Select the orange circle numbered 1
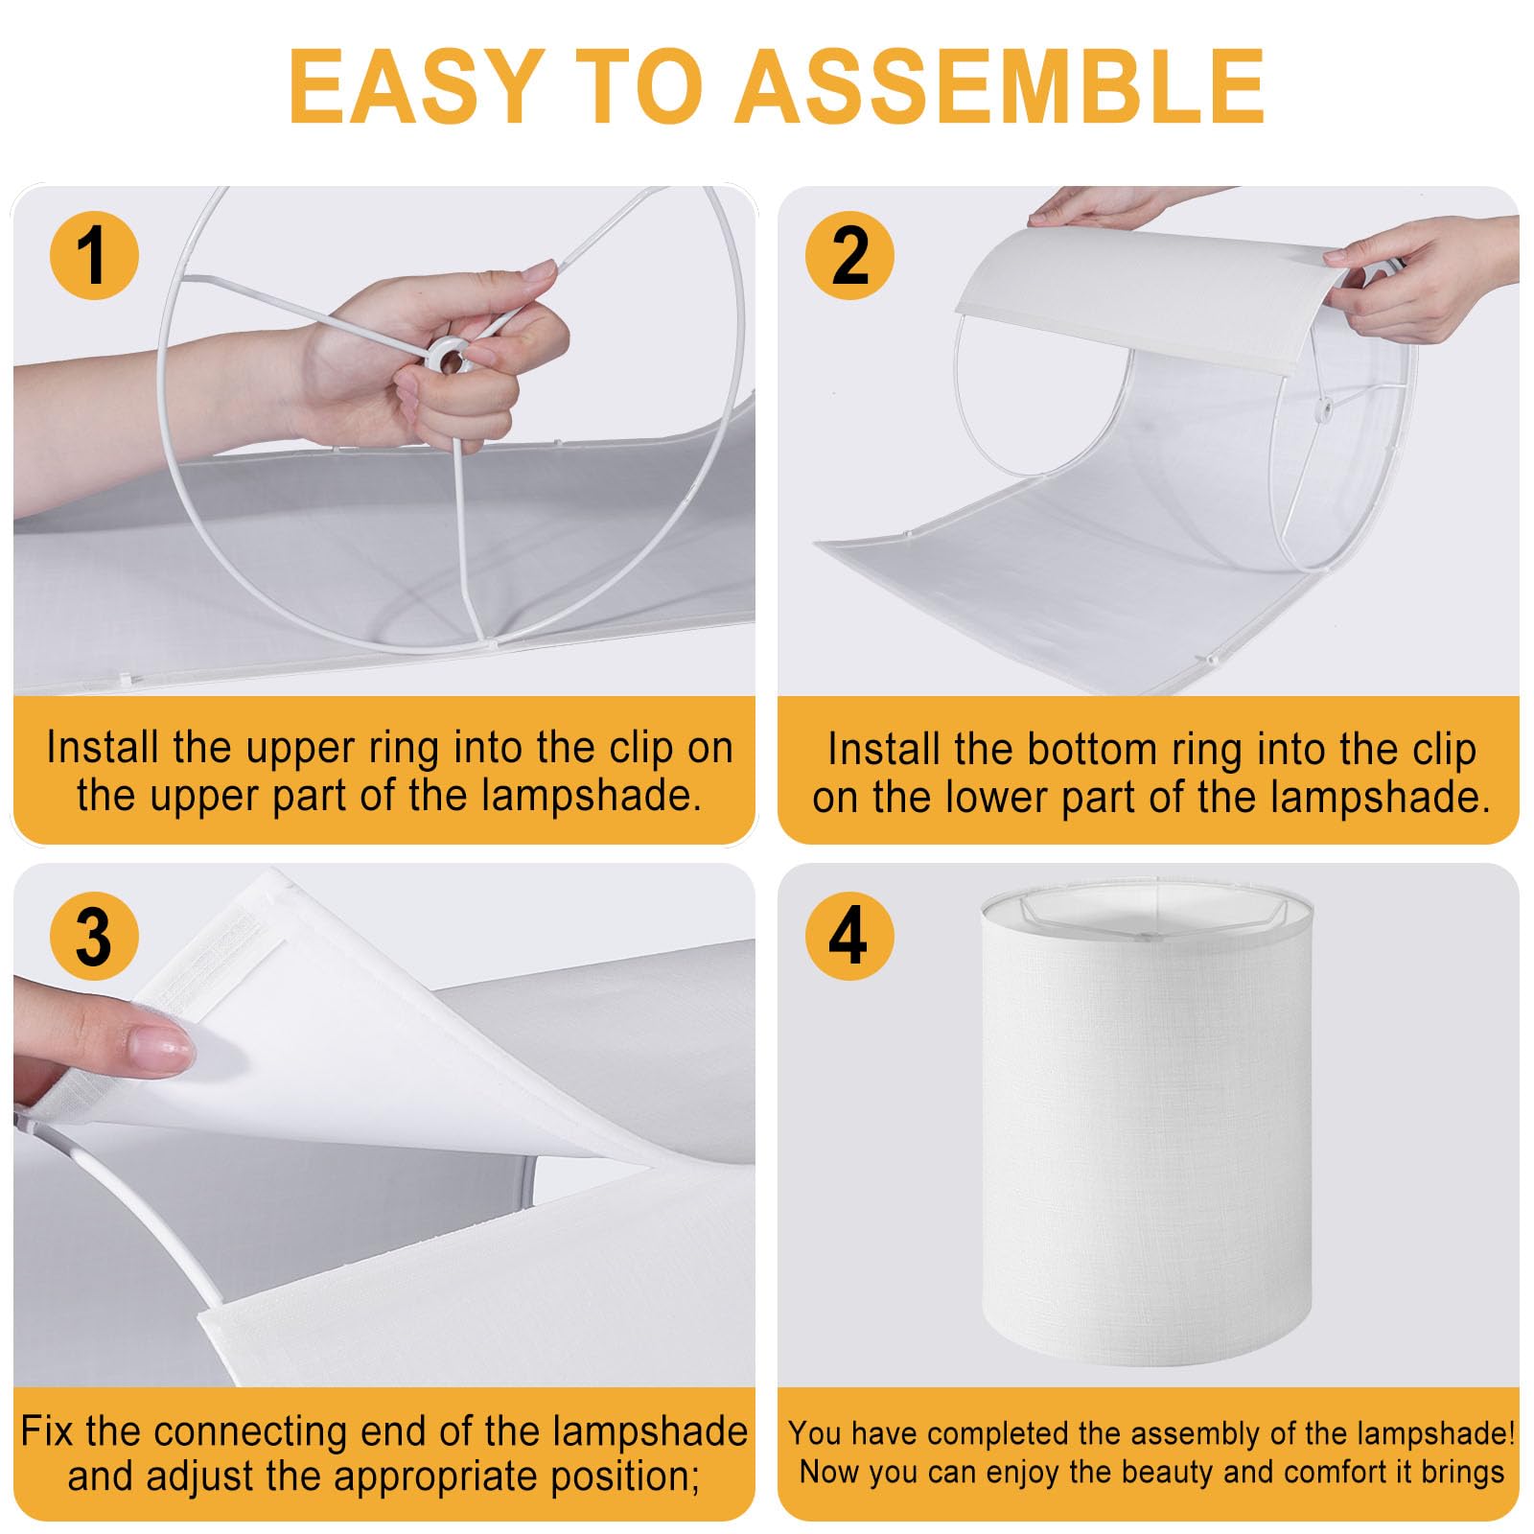[94, 256]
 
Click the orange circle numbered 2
[849, 256]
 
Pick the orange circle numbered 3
[94, 936]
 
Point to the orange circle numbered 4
[849, 936]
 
